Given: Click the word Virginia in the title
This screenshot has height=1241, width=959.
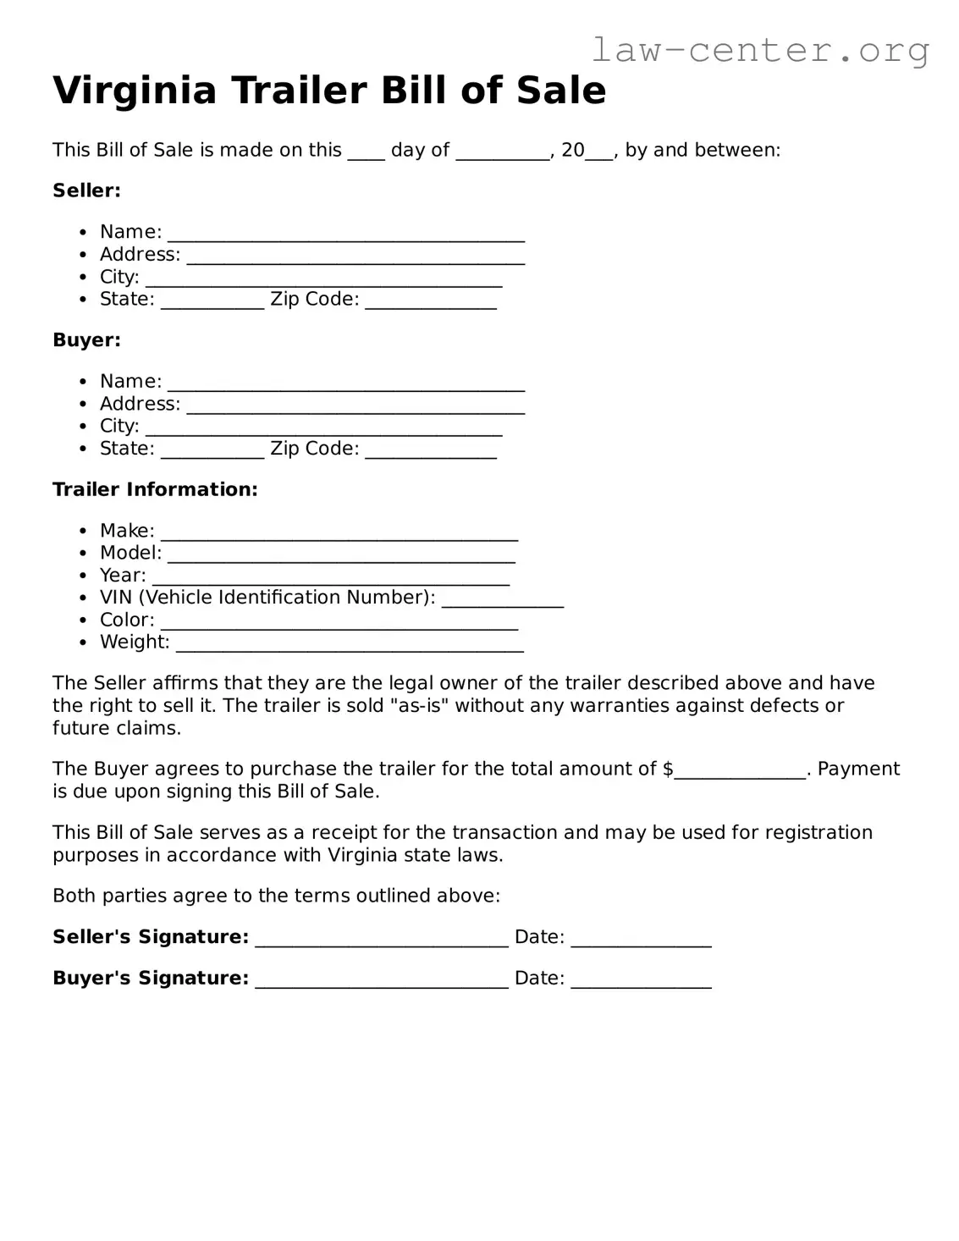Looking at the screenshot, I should point(135,91).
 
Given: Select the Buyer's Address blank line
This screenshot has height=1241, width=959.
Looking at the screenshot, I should point(355,407).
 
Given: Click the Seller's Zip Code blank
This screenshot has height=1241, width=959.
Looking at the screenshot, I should point(430,302).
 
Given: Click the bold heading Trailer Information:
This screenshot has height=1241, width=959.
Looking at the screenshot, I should point(155,489).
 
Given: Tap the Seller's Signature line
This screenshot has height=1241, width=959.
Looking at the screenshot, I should point(381,940).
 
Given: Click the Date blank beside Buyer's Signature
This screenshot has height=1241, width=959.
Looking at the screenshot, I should point(641,981).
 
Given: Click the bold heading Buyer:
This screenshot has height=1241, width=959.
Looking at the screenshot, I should point(86,340).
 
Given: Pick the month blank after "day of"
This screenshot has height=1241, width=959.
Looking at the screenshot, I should point(503,153).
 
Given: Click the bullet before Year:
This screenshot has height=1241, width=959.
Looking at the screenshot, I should point(83,576).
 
